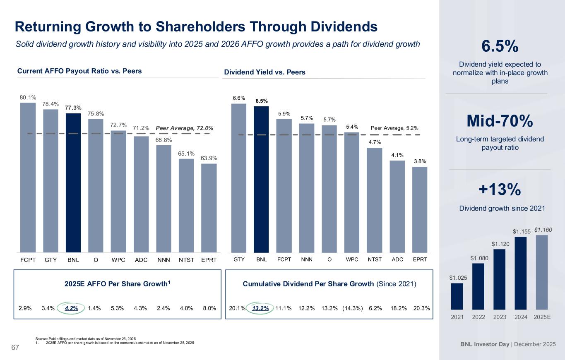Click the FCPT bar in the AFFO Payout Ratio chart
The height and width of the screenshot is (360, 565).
tap(28, 178)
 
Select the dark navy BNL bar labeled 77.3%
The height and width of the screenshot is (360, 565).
tap(73, 182)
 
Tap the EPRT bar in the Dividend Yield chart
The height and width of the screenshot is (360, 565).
tap(420, 209)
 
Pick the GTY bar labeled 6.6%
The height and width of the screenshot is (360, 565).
tap(239, 178)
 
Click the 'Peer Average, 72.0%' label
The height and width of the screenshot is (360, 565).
tap(184, 128)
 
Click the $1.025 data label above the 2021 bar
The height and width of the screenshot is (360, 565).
tap(457, 278)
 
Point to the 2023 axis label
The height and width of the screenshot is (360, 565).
tap(500, 318)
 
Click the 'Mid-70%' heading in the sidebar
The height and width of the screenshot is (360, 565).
tap(500, 121)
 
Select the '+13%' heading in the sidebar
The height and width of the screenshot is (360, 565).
tap(500, 190)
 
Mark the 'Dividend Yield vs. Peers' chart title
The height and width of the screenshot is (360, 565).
tap(264, 72)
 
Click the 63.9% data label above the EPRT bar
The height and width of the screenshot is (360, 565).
tap(209, 158)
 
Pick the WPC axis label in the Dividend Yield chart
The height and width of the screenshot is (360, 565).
tap(352, 259)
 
